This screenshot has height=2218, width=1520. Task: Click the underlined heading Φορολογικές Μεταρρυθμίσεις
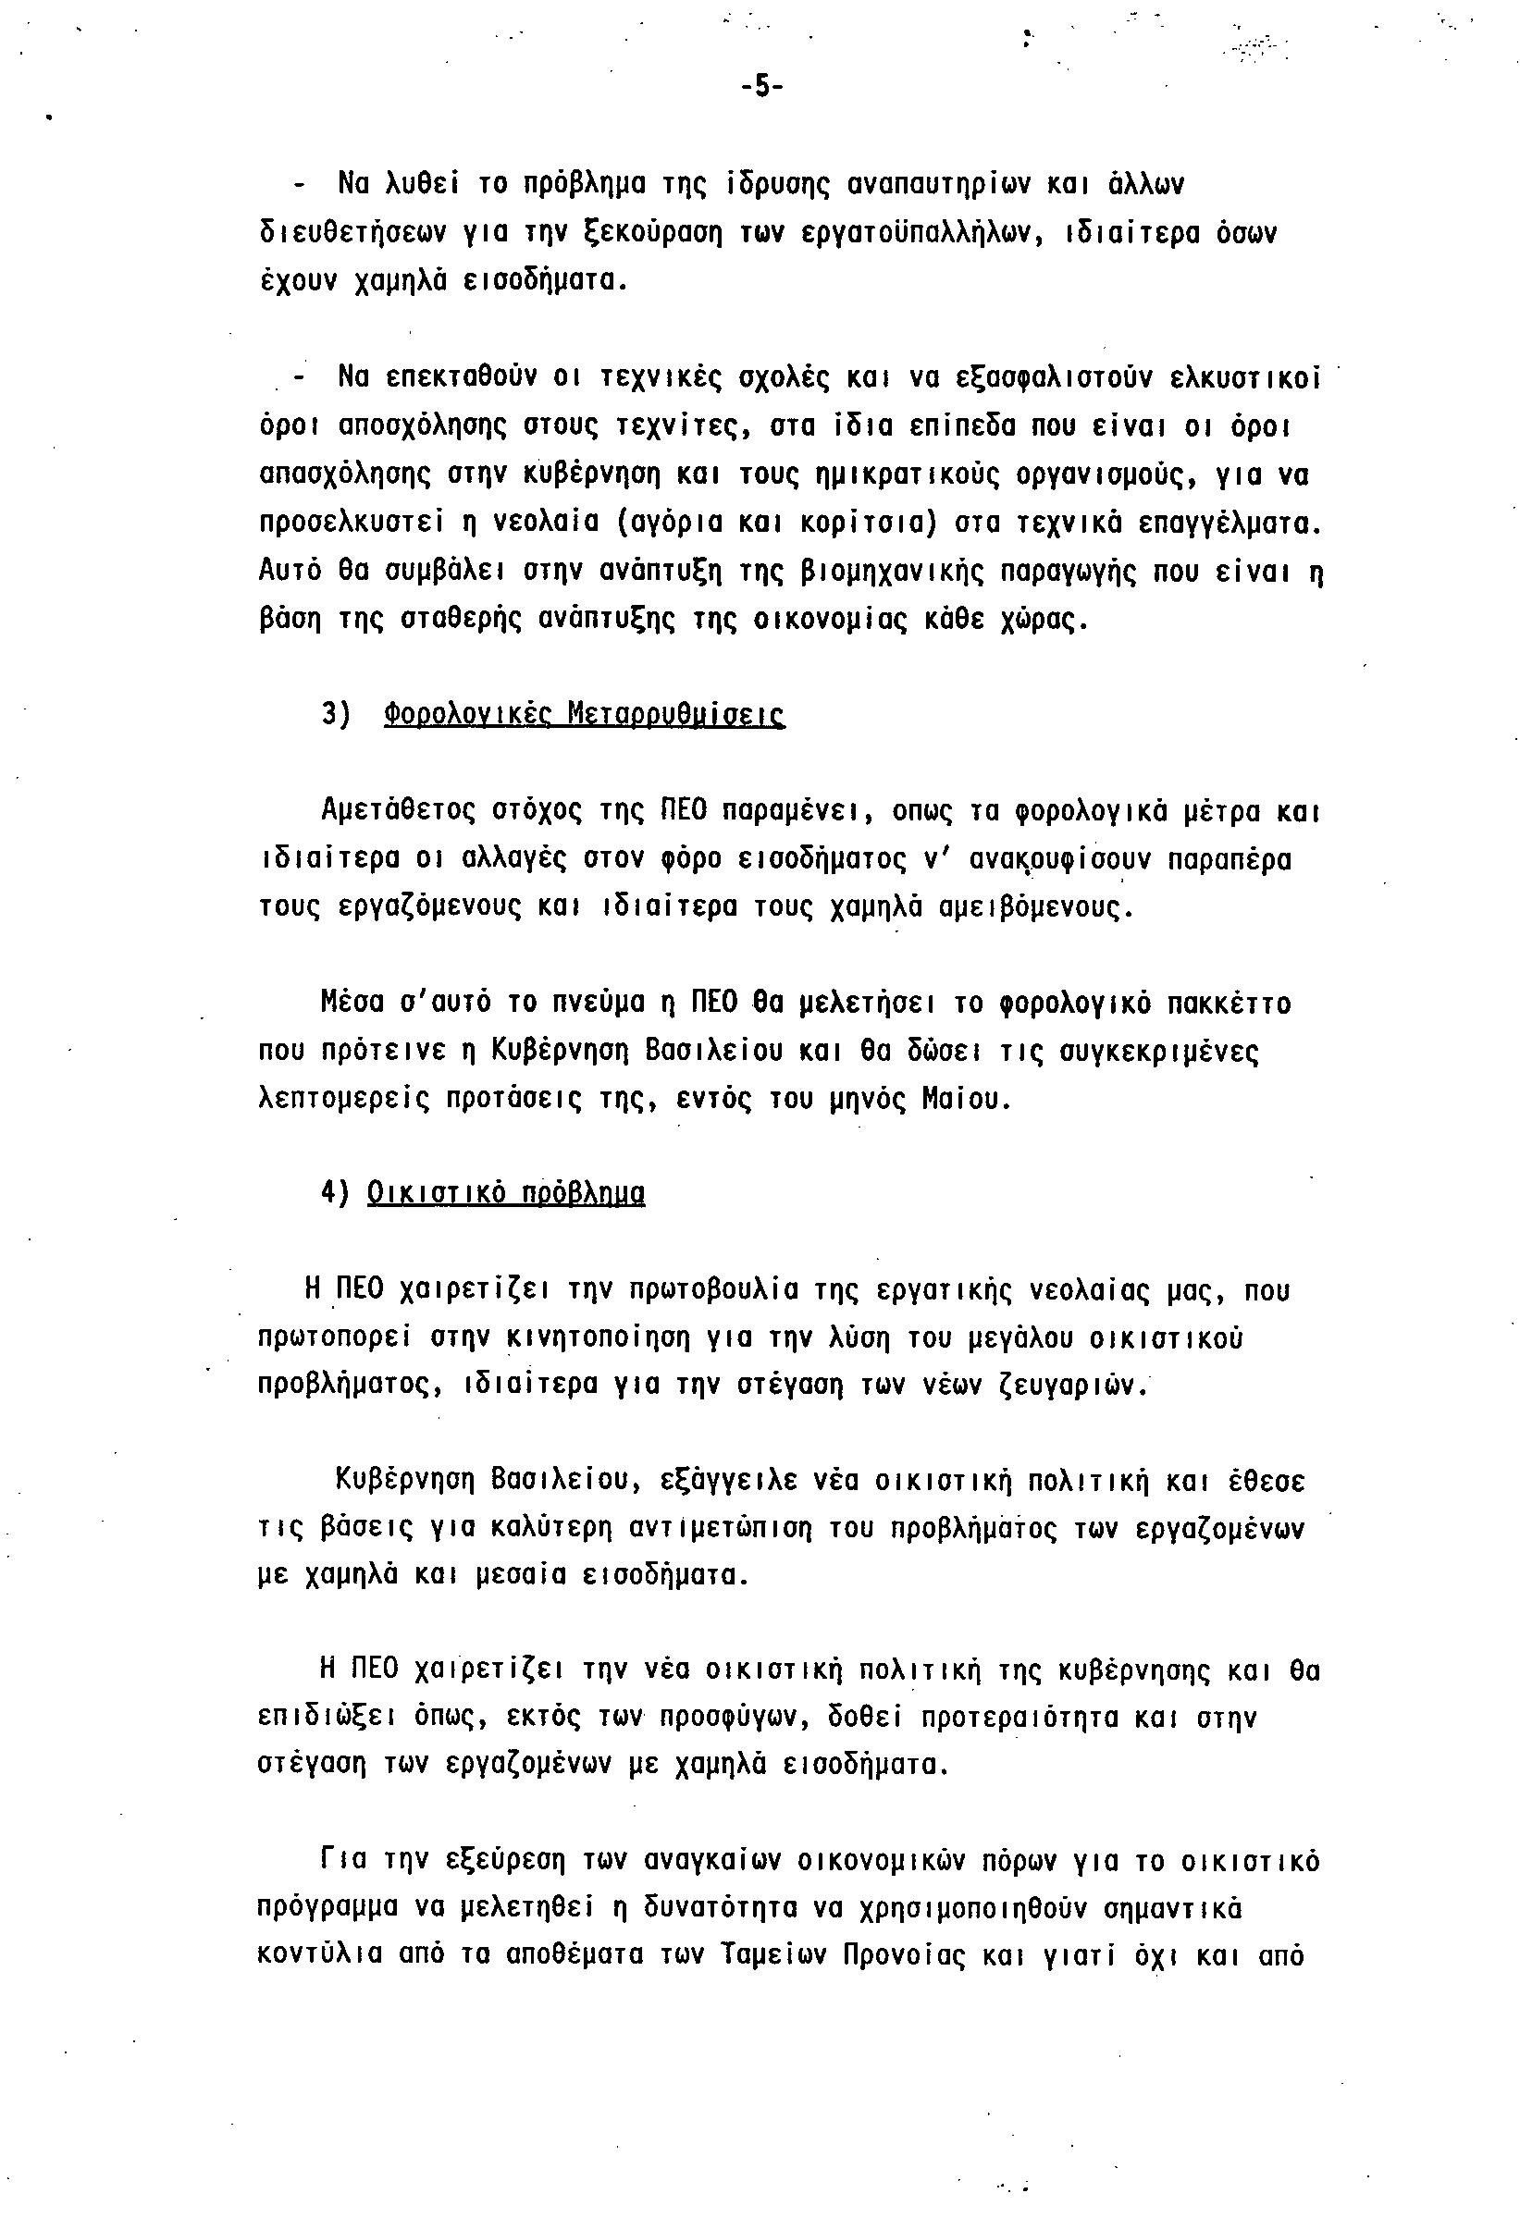pos(585,715)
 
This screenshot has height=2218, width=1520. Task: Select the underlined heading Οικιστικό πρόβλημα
pos(506,1194)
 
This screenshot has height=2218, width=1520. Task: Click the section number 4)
pos(336,1194)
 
